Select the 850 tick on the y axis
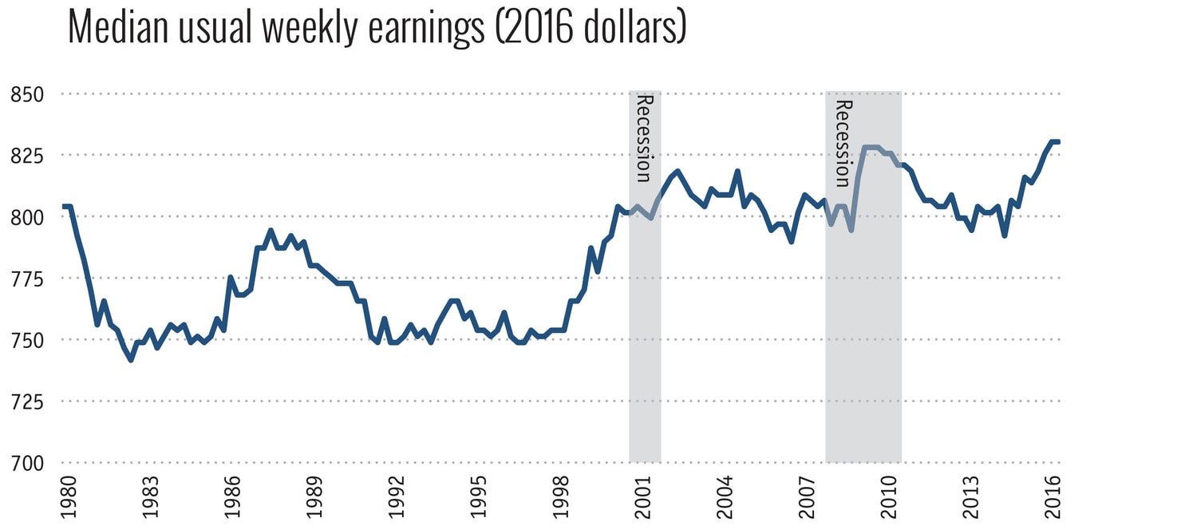point(26,94)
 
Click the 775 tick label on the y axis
point(26,279)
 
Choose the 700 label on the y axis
point(26,463)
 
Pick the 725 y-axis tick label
point(26,401)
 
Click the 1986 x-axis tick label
point(231,497)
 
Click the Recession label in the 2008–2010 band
point(843,142)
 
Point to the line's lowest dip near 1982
point(131,360)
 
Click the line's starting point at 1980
point(64,207)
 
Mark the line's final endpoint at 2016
point(1058,142)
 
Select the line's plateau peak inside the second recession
point(871,147)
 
